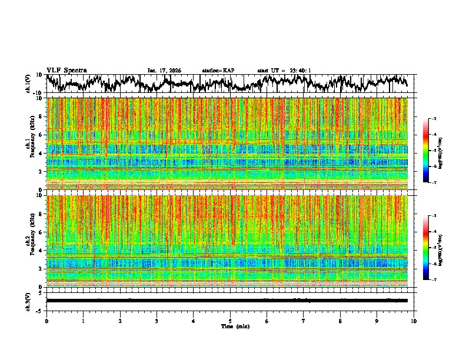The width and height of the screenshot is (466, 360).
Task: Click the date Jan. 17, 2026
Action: point(164,71)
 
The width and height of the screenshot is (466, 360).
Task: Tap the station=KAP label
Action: point(218,71)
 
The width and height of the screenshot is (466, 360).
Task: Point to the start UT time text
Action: point(284,71)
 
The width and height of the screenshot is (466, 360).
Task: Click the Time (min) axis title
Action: point(235,326)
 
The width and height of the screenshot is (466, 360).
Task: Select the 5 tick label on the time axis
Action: point(230,321)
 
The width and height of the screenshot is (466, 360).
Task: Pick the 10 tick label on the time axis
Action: point(414,321)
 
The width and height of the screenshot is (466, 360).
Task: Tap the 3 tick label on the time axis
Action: point(157,321)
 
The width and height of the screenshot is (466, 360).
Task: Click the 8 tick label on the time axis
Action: point(340,321)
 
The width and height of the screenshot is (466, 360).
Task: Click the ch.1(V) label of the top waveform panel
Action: point(29,84)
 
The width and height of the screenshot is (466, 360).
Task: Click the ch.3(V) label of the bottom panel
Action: point(29,300)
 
